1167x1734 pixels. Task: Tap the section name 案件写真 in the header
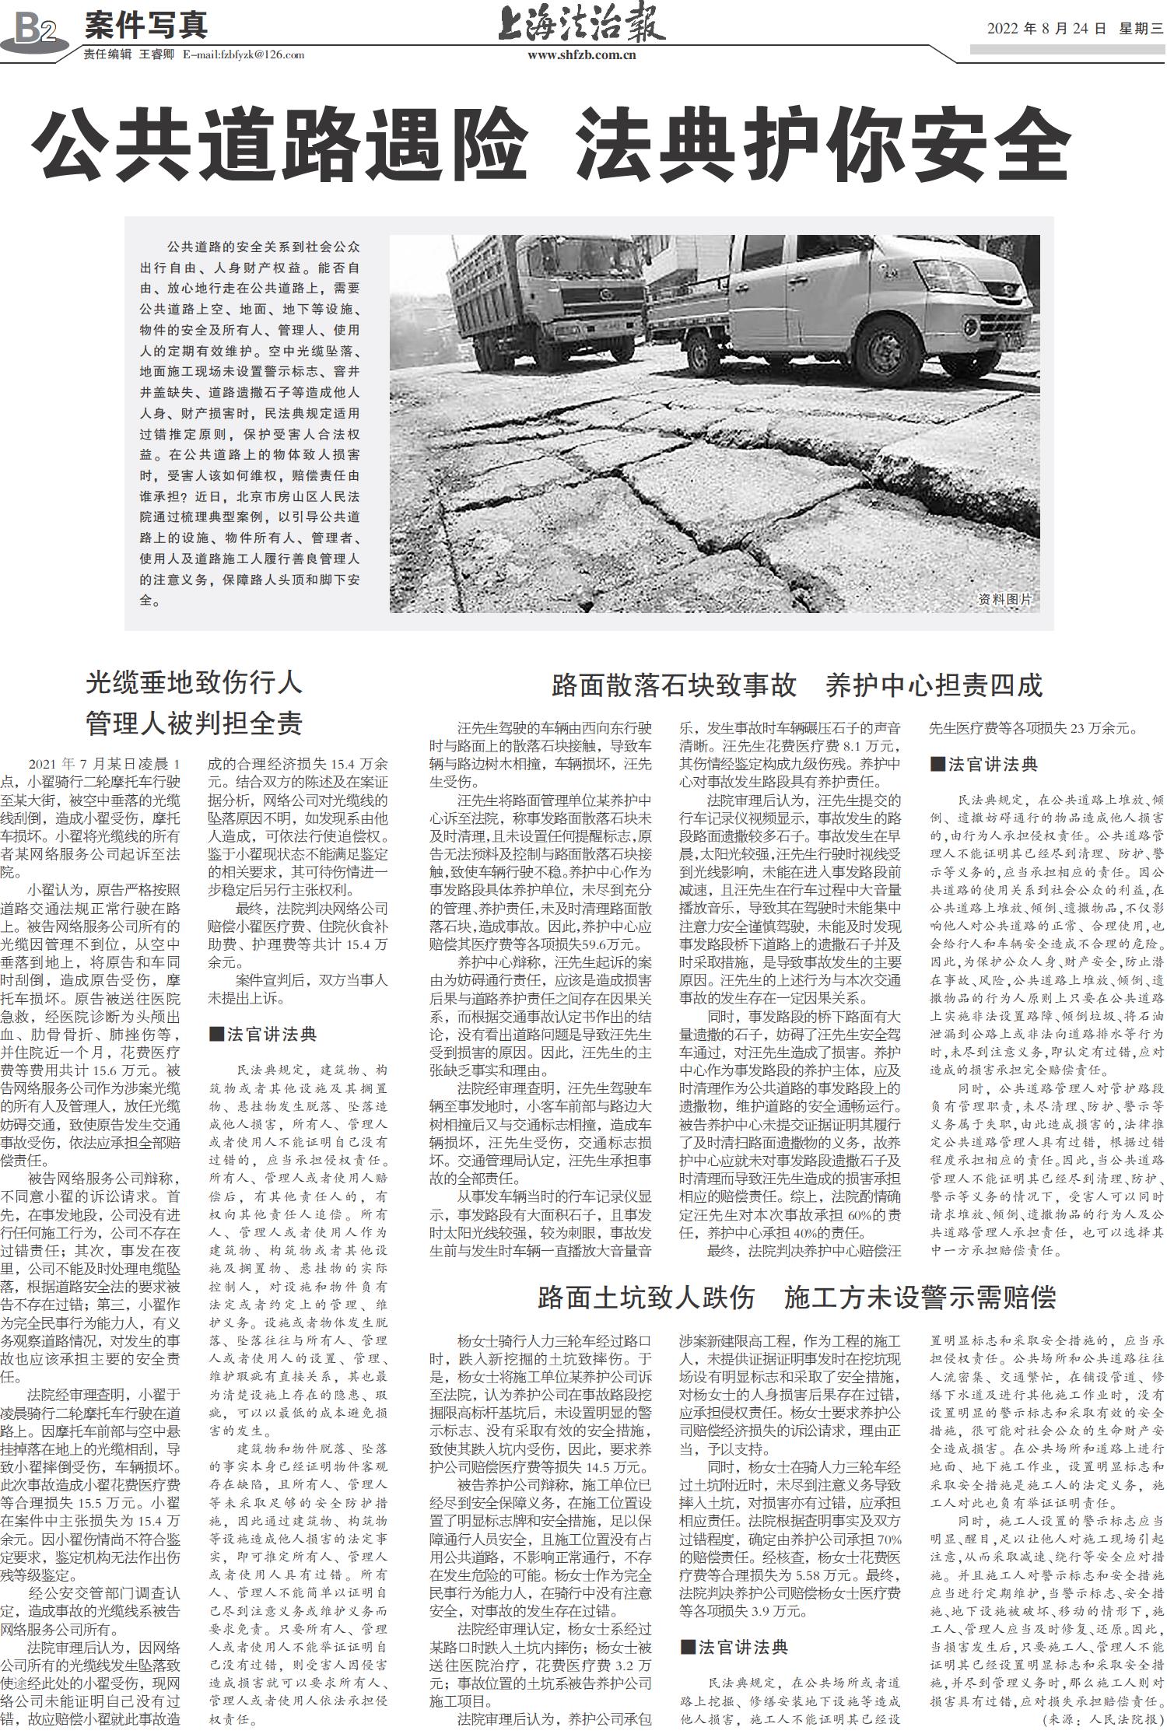pos(146,26)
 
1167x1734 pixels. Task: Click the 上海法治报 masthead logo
pos(581,24)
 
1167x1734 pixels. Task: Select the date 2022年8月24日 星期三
pos(1074,30)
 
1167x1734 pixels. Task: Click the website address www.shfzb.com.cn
pos(581,55)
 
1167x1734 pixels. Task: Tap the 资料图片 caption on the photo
pos(1005,599)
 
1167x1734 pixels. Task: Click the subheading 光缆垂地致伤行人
pos(194,683)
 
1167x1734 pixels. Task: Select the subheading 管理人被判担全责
pos(194,723)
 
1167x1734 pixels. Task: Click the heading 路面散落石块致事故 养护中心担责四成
pos(797,685)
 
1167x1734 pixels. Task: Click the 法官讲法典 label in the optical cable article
pos(264,1035)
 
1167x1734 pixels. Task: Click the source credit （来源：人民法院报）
pos(1101,1723)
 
